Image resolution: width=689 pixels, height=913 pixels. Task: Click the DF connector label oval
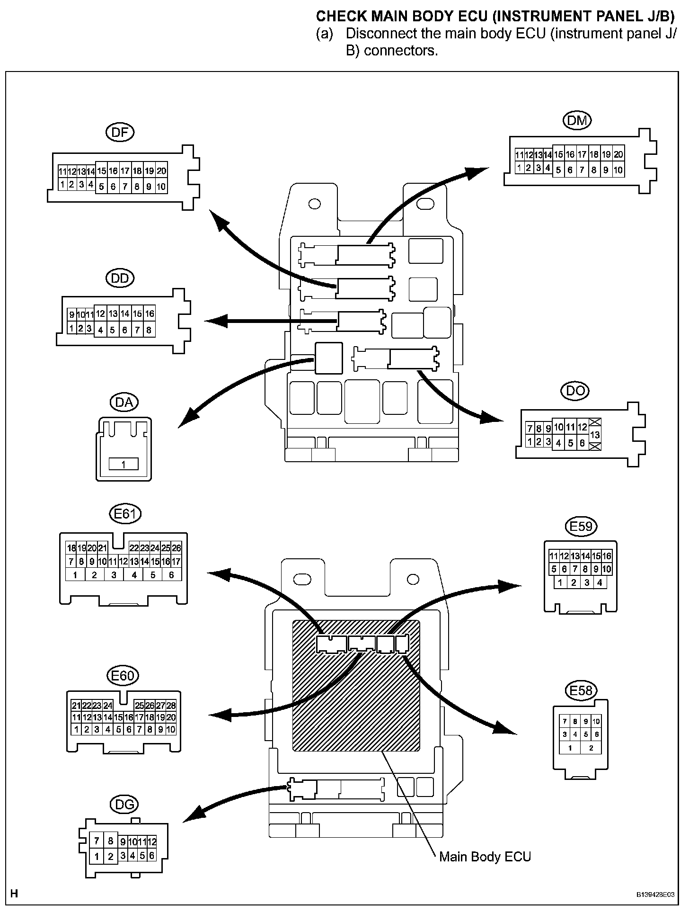pos(120,132)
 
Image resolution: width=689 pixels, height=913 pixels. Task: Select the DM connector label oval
pos(577,120)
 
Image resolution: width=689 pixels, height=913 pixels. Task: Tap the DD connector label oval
pos(120,278)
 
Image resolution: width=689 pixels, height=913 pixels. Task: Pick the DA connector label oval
pos(124,402)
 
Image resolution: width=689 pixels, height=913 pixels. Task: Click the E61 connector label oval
pos(125,514)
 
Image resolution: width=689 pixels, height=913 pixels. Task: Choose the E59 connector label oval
pos(581,527)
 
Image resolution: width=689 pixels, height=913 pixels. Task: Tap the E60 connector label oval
pos(123,675)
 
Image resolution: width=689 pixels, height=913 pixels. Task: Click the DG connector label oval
pos(124,804)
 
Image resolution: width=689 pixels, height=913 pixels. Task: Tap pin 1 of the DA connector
pos(124,465)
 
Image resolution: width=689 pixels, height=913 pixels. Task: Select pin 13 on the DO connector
pos(595,434)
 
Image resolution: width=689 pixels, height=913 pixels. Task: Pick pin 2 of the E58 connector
pos(591,748)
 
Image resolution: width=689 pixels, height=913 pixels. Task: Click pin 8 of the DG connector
pos(110,841)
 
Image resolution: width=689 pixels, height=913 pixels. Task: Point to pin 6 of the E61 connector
pos(171,575)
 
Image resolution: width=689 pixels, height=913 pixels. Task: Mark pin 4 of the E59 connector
pos(599,582)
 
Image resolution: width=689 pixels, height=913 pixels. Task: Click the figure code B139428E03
pos(655,895)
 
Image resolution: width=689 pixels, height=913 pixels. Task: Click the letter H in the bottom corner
pos(14,893)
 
